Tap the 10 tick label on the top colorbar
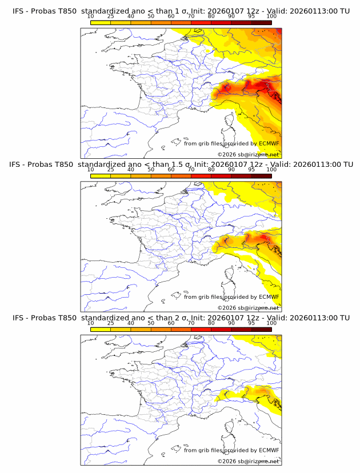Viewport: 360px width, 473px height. pos(90,17)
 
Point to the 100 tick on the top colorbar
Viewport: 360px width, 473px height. pos(271,17)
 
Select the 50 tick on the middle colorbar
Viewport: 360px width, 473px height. pos(151,170)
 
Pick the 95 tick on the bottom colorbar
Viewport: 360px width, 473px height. pos(251,323)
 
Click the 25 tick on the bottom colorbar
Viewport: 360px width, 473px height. pos(111,323)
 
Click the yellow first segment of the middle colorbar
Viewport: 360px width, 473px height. pos(101,176)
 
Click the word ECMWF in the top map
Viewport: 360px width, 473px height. pos(269,144)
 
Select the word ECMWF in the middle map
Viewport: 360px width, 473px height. pos(269,297)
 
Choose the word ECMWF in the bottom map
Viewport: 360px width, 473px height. pos(269,450)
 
